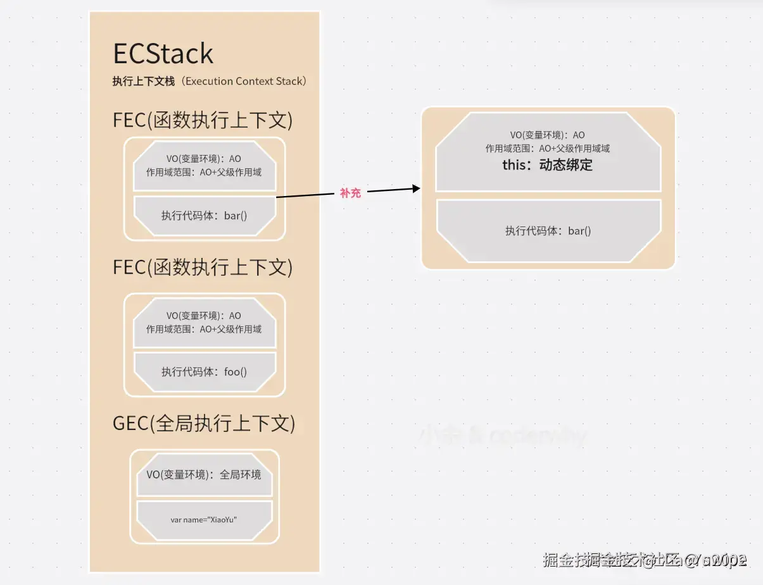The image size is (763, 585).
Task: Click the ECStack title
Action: point(163,54)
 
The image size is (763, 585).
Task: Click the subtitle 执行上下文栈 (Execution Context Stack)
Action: point(210,82)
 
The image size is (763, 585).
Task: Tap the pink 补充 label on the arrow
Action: point(350,194)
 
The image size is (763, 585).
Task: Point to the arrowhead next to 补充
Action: point(415,188)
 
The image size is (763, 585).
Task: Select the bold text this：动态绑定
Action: point(547,166)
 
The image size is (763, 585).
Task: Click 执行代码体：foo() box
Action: point(204,372)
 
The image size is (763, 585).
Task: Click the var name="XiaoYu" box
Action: point(204,520)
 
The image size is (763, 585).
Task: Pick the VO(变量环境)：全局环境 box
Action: point(204,475)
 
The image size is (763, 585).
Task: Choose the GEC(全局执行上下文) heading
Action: point(204,424)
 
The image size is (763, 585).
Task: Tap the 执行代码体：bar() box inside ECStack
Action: point(204,216)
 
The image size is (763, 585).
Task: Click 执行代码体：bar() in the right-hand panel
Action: point(548,231)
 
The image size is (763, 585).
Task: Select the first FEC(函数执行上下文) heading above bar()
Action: point(203,120)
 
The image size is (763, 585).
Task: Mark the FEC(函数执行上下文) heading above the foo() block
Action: point(203,268)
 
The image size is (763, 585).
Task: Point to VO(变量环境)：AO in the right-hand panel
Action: point(547,135)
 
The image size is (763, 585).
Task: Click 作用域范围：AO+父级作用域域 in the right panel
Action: point(547,149)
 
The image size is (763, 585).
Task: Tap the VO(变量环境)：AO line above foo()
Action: point(204,316)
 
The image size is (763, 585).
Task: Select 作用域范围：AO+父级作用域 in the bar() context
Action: point(204,172)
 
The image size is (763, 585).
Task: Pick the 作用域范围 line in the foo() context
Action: point(204,329)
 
